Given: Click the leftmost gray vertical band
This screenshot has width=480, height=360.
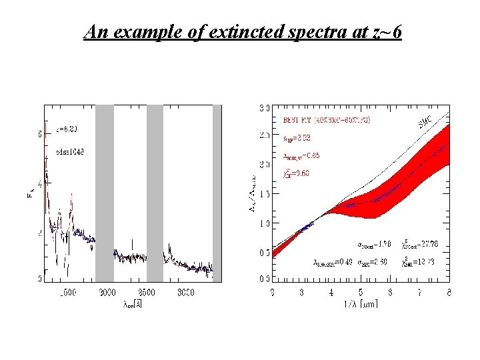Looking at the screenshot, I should point(105,193).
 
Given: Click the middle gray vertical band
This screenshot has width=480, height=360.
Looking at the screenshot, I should point(155,193).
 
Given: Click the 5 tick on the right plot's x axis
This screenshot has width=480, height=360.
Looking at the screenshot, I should point(361,293).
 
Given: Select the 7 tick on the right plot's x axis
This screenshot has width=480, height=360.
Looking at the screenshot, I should point(419,293).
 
